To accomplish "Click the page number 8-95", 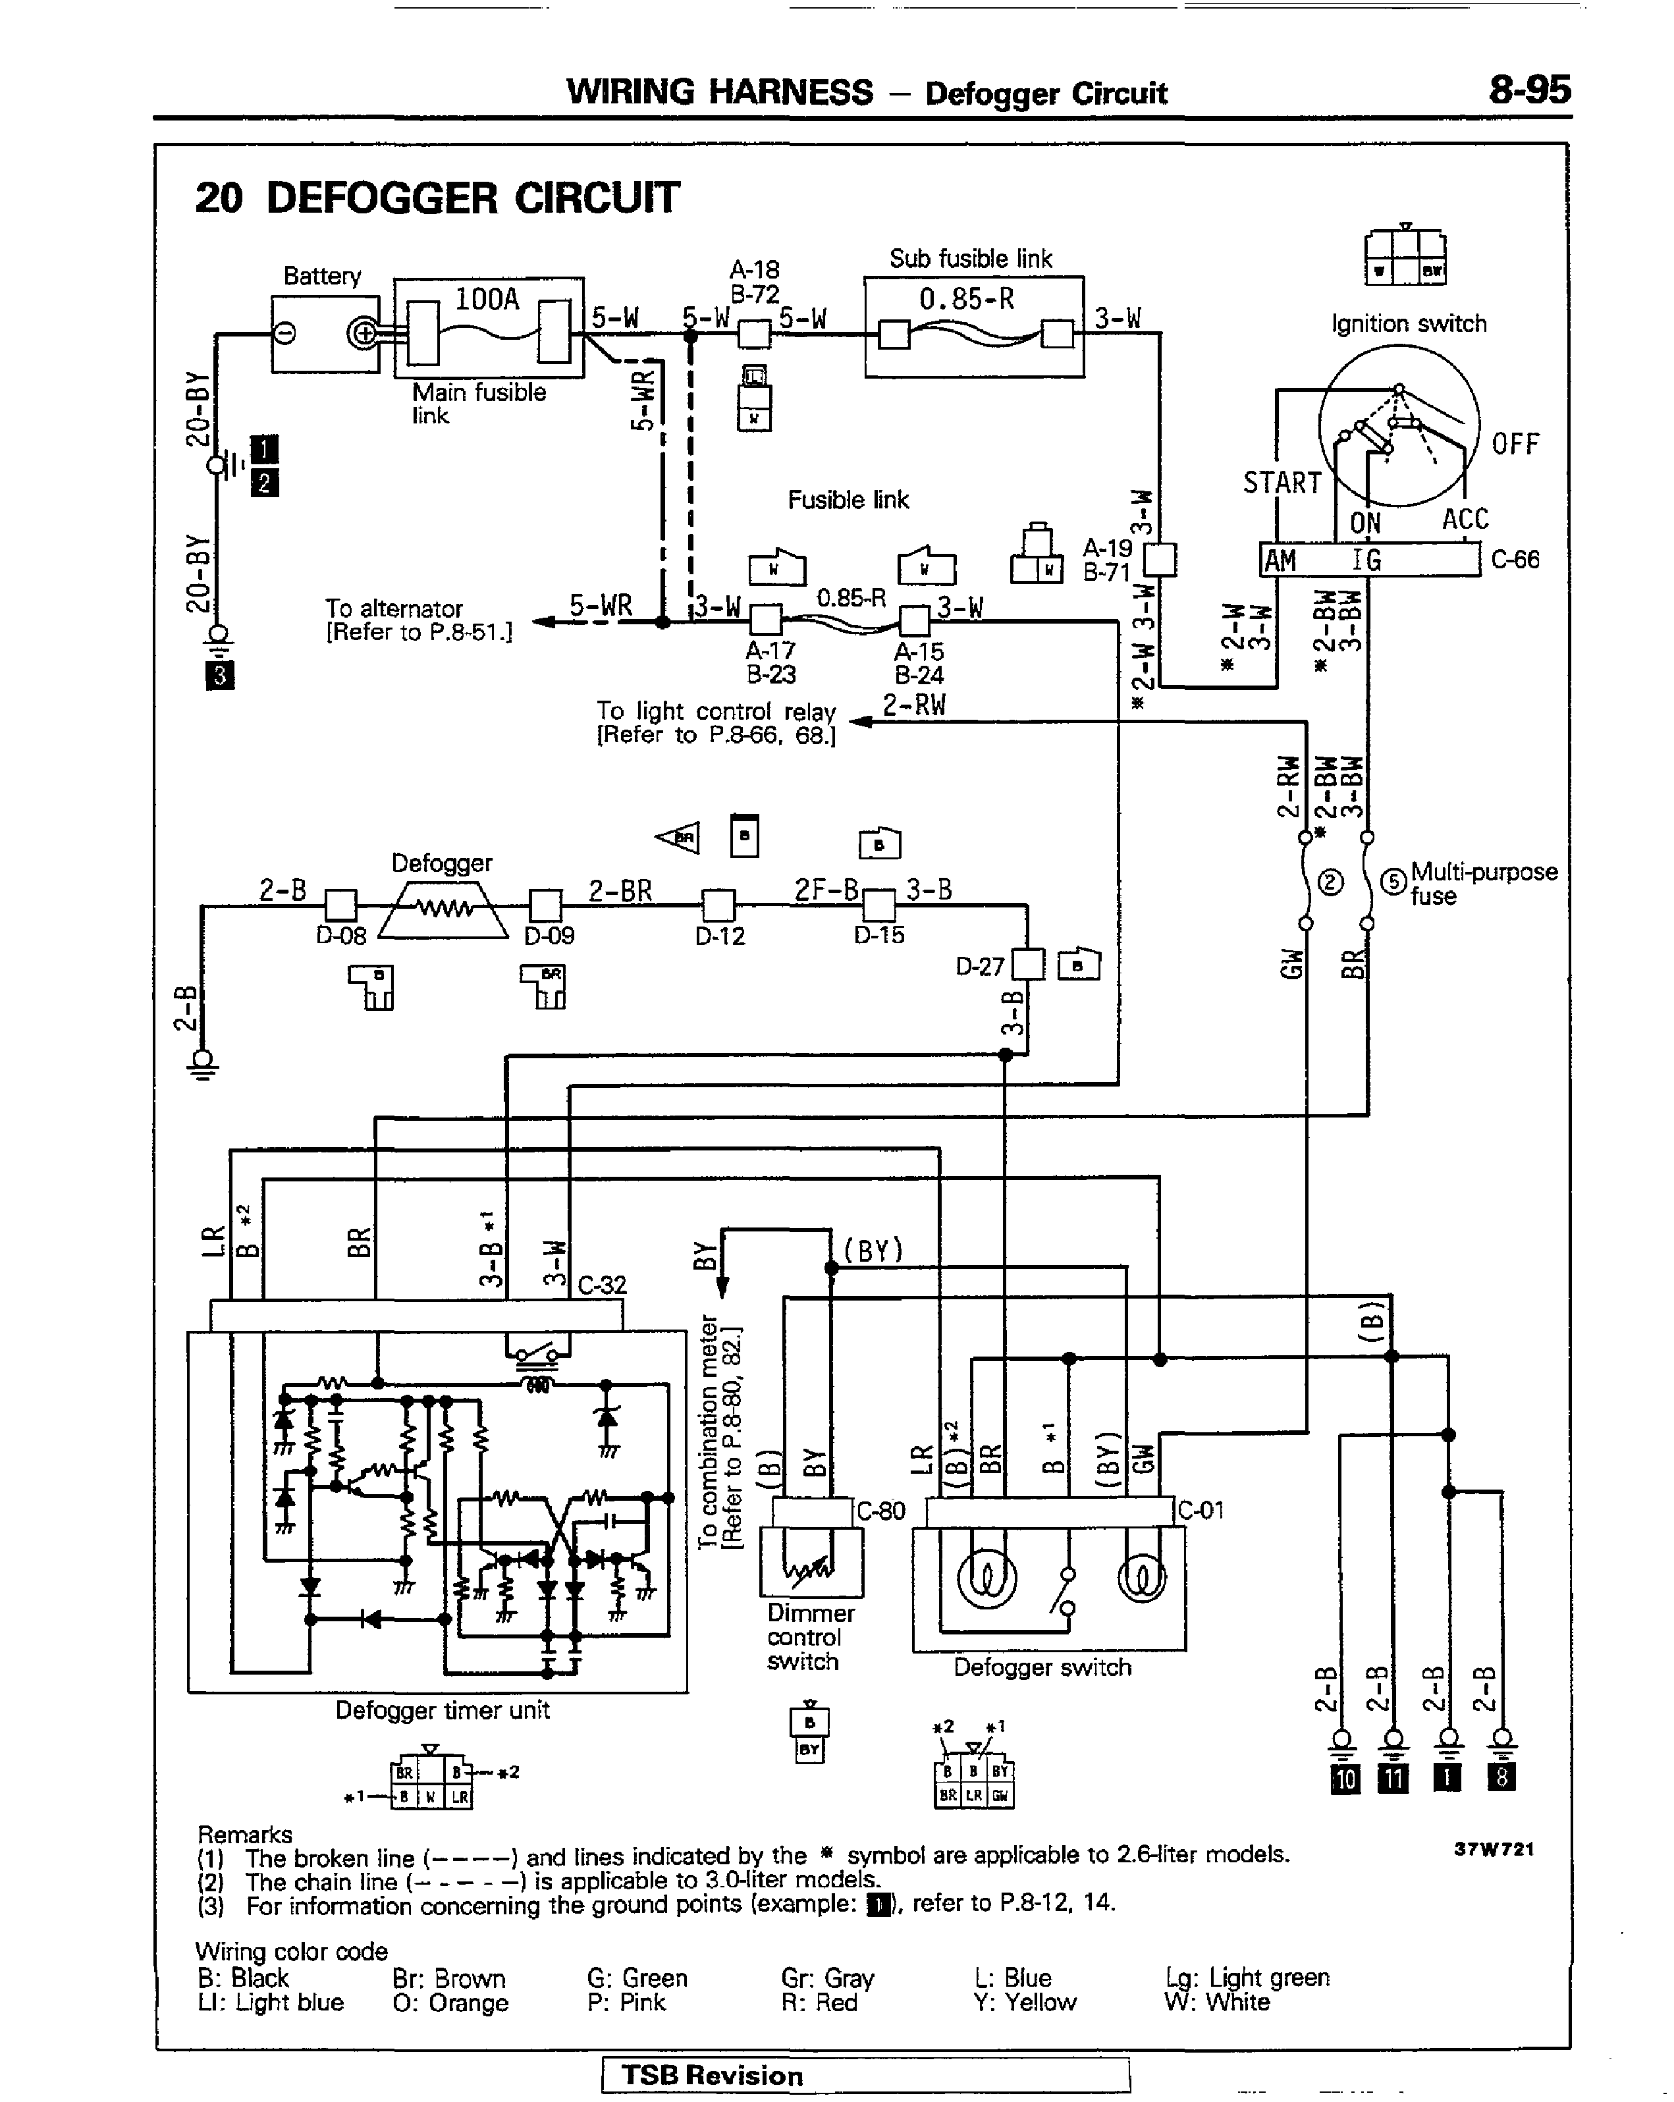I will tap(1528, 91).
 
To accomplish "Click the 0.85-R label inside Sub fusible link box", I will tap(966, 300).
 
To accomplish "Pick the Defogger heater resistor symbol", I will tap(444, 909).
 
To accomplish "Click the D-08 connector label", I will tap(340, 936).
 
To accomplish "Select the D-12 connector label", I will tap(720, 937).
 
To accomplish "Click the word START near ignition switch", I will tap(1281, 483).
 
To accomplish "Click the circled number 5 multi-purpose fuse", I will tap(1394, 881).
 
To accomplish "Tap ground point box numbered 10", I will tap(1345, 1779).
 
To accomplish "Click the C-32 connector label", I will tap(601, 1285).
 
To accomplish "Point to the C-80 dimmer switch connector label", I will tap(880, 1511).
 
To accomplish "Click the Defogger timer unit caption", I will tap(442, 1710).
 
